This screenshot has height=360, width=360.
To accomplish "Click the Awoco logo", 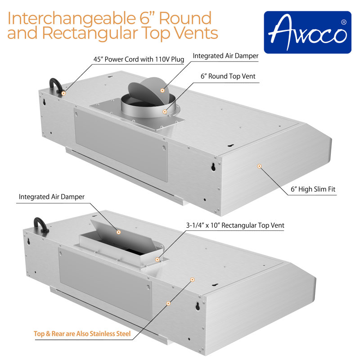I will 307,32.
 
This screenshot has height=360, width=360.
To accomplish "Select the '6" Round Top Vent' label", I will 228,76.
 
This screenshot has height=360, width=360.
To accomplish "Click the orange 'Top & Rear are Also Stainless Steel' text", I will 82,334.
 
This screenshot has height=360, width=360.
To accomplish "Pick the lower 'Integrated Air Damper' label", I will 52,197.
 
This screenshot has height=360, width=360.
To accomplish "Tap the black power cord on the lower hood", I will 40,224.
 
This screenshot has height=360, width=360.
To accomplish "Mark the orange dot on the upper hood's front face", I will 259,166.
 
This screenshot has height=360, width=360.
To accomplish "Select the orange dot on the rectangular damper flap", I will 119,232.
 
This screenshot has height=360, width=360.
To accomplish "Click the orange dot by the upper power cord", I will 63,93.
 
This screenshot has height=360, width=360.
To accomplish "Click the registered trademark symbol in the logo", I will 344,22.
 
